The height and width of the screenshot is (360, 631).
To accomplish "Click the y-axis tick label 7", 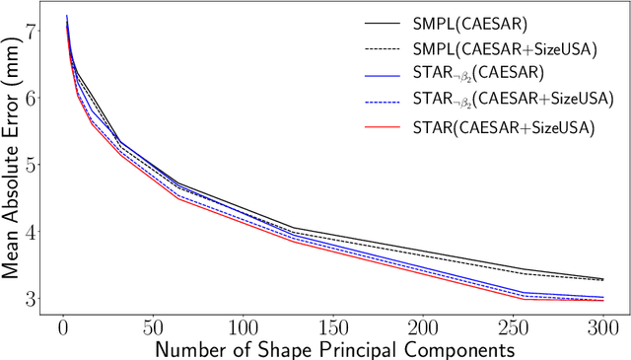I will [35, 32].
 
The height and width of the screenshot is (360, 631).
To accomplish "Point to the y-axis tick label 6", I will [35, 99].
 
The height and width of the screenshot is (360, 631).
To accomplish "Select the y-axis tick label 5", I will [35, 166].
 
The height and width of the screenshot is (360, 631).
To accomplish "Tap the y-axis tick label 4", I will [35, 233].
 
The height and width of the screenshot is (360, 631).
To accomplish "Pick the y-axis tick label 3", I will [35, 299].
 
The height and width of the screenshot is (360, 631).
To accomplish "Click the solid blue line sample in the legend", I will [380, 72].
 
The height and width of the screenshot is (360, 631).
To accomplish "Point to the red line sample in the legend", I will [380, 126].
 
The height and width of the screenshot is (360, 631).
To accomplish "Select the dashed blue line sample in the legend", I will [380, 100].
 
